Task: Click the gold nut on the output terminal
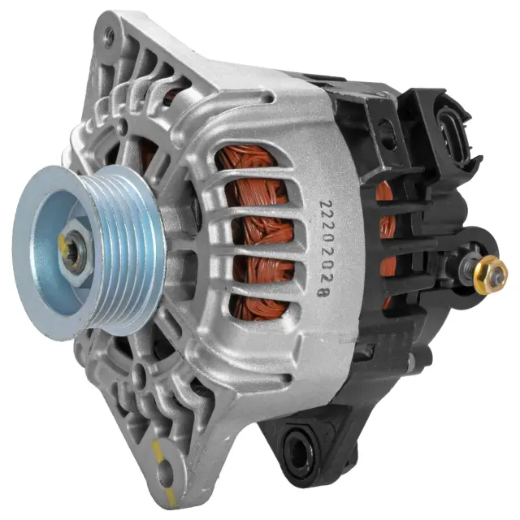click(490, 275)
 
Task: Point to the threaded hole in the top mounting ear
click(108, 33)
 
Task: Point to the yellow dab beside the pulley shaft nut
click(63, 242)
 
